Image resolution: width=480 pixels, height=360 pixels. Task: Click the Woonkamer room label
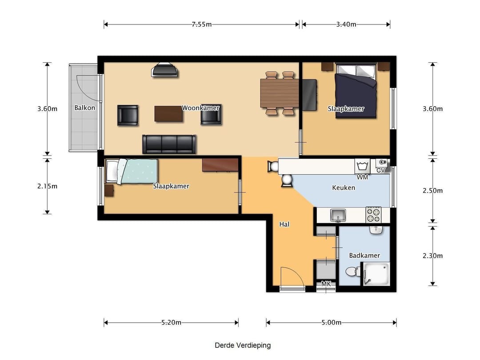tap(200, 108)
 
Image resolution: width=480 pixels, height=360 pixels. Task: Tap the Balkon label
tap(85, 108)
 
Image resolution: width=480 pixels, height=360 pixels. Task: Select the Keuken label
tap(344, 188)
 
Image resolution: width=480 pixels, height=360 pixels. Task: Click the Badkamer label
tap(364, 255)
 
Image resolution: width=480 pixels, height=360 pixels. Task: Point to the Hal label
tap(284, 224)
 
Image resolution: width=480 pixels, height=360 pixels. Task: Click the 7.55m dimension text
tap(202, 24)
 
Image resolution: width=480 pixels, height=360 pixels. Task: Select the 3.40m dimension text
tap(346, 24)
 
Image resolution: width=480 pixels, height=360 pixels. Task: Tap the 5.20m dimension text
tap(171, 322)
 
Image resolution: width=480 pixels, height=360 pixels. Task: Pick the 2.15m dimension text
tap(48, 186)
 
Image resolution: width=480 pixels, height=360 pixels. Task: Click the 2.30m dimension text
tap(432, 256)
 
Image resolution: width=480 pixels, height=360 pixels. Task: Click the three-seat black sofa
tap(169, 144)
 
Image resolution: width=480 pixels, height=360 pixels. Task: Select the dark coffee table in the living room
tap(168, 114)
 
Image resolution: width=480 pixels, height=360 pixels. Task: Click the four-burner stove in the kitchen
tap(373, 215)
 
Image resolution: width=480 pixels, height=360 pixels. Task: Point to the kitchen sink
tap(338, 215)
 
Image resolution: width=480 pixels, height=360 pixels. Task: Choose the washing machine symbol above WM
tap(362, 166)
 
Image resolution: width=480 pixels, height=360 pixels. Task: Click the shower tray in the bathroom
tap(376, 274)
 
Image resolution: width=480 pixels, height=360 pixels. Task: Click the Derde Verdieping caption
tap(243, 345)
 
